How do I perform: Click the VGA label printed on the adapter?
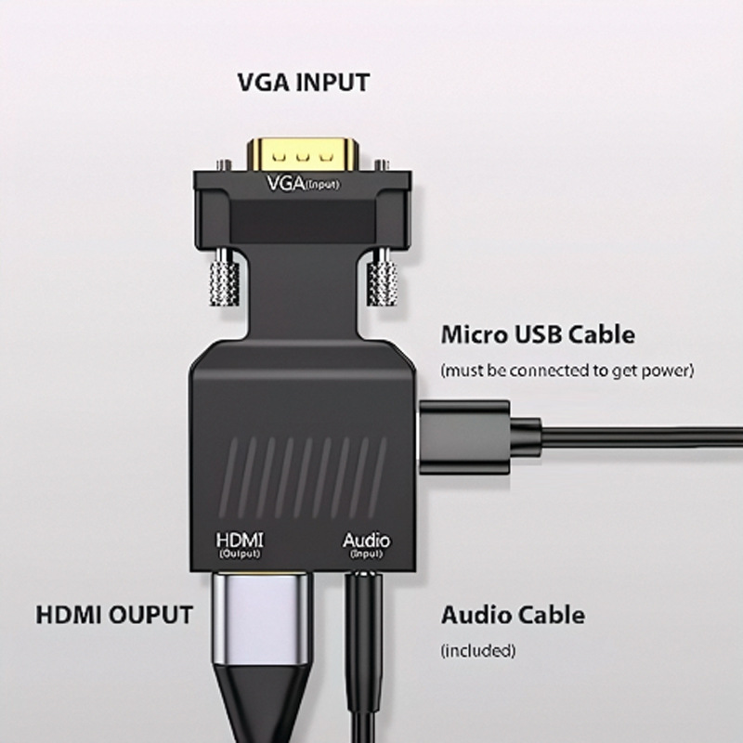pos(303,182)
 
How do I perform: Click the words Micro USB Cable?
pos(538,334)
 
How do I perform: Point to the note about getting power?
pos(567,371)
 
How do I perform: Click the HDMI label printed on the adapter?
pos(239,539)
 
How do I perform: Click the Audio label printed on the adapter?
pos(367,540)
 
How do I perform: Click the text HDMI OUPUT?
pos(114,615)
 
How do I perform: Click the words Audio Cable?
pos(513,615)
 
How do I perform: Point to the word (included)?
pos(478,650)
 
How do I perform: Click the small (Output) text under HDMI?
pos(239,554)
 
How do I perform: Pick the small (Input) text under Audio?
pos(367,554)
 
